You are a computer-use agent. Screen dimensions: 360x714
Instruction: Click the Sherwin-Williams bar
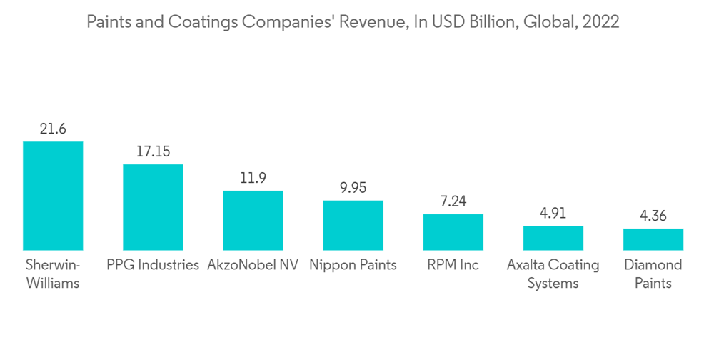pyautogui.click(x=53, y=195)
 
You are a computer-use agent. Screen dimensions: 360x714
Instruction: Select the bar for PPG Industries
pyautogui.click(x=153, y=206)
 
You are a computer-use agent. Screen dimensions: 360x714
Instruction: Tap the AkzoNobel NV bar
pyautogui.click(x=253, y=220)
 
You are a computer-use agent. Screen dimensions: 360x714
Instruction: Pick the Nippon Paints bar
pyautogui.click(x=353, y=225)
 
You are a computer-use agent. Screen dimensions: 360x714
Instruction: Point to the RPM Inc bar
pyautogui.click(x=453, y=231)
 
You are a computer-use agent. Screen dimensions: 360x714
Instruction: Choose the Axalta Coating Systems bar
pyautogui.click(x=553, y=237)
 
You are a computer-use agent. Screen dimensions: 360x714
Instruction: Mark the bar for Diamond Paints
pyautogui.click(x=653, y=239)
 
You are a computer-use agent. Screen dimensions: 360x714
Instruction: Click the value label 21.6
pyautogui.click(x=53, y=129)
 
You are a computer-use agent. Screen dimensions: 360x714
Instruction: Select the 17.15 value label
pyautogui.click(x=153, y=152)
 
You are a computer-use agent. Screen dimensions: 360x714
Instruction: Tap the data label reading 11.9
pyautogui.click(x=253, y=179)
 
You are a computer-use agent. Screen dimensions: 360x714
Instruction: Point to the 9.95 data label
pyautogui.click(x=353, y=188)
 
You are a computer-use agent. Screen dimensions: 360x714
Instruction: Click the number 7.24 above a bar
pyautogui.click(x=453, y=201)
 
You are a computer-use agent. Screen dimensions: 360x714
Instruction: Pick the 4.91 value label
pyautogui.click(x=553, y=214)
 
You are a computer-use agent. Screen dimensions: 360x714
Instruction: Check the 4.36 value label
pyautogui.click(x=653, y=216)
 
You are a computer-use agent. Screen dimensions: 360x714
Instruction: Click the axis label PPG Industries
pyautogui.click(x=153, y=265)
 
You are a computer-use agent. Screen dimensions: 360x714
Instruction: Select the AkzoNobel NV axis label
pyautogui.click(x=253, y=265)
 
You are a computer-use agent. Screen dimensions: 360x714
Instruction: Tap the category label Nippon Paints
pyautogui.click(x=353, y=265)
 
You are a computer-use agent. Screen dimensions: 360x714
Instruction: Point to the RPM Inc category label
pyautogui.click(x=453, y=265)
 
